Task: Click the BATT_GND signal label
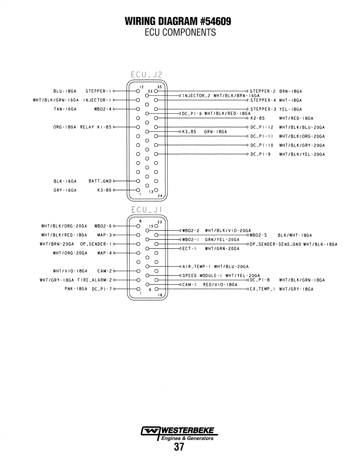tap(100, 181)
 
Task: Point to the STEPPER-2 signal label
tap(262, 91)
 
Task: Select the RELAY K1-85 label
tap(96, 127)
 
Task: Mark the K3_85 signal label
tap(189, 132)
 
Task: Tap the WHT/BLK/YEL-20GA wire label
tap(302, 154)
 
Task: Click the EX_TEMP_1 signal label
tap(262, 289)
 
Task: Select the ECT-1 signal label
tap(189, 249)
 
